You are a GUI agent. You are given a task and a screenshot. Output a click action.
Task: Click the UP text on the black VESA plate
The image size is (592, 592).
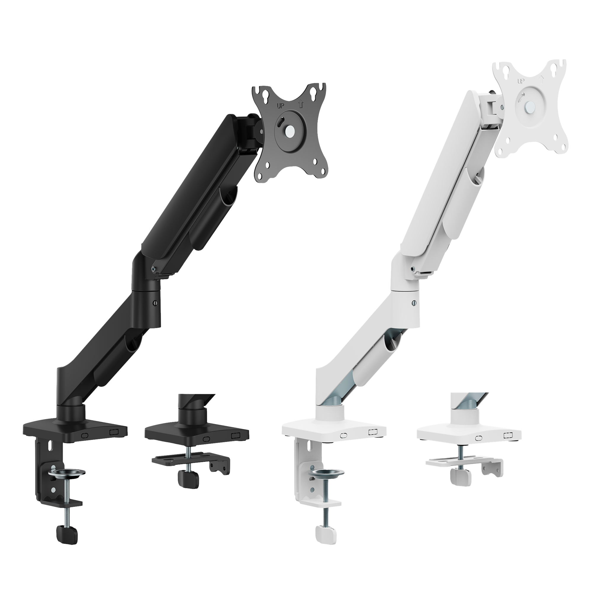[280, 106]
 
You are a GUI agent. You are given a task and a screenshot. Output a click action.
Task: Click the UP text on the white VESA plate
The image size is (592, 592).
[521, 81]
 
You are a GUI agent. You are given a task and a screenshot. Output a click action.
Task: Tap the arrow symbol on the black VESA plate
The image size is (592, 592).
[301, 105]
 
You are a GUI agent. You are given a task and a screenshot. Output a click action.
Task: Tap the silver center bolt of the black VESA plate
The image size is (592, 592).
[289, 129]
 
